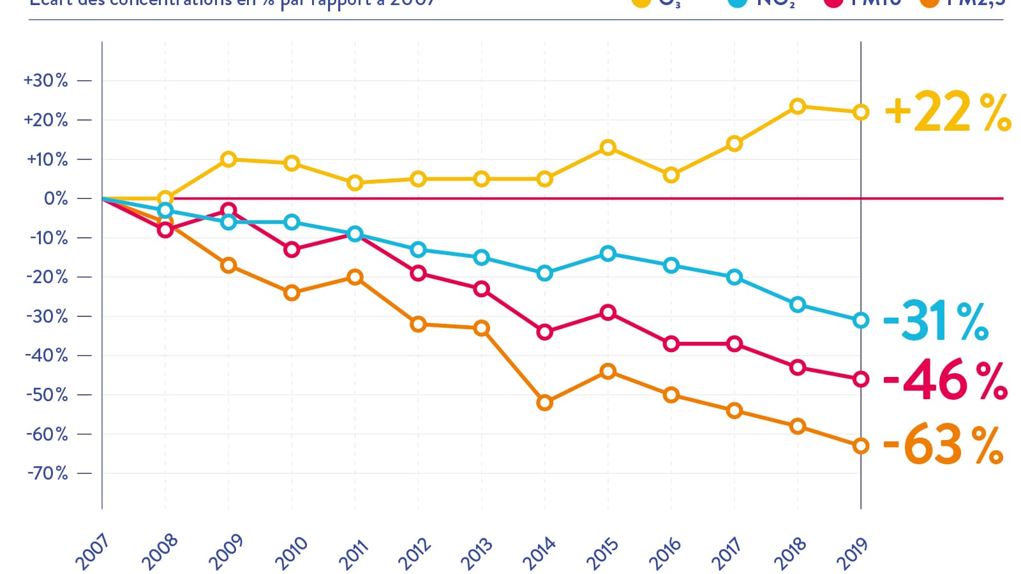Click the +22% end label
[x=948, y=112]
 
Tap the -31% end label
[x=935, y=321]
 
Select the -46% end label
[x=945, y=380]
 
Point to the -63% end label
[x=943, y=445]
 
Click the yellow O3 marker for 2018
[x=797, y=107]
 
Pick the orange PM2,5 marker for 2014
[x=544, y=402]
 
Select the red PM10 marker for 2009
[x=228, y=210]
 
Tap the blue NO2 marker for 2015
[x=607, y=254]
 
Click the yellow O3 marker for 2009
[x=228, y=159]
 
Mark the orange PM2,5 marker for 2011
[x=355, y=277]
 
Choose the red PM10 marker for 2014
[x=544, y=332]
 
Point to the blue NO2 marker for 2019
[x=861, y=320]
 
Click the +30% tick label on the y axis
[x=46, y=80]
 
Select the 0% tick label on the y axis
[x=56, y=198]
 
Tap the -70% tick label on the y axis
[x=47, y=473]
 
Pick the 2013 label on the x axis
[x=477, y=553]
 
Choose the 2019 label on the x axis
[x=853, y=552]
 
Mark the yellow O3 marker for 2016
[x=671, y=175]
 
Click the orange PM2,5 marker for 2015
[x=607, y=371]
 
